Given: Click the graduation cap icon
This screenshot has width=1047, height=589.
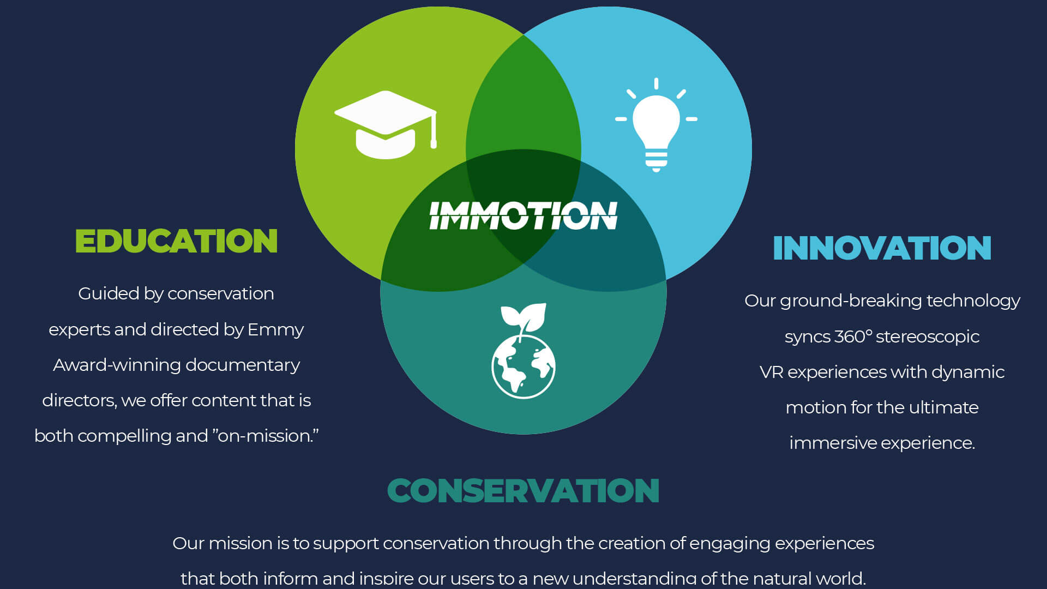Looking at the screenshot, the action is coord(386,125).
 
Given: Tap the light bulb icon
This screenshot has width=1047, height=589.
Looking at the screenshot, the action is coord(656,125).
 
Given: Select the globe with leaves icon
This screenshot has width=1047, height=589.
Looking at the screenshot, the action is coord(523,351).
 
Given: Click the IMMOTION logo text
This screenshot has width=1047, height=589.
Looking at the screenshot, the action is coord(523,215).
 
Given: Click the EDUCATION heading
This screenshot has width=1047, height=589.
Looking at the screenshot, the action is coord(176,241).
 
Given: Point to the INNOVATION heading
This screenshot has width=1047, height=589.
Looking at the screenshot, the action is coord(882,248).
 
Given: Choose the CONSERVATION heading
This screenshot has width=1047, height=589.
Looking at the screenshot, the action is coord(523,490).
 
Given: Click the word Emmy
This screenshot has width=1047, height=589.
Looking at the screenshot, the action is coord(275,330).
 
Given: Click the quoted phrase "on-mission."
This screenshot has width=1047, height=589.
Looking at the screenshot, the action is coord(266,436).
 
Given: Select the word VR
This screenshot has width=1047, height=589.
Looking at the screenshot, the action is coord(771,372).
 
